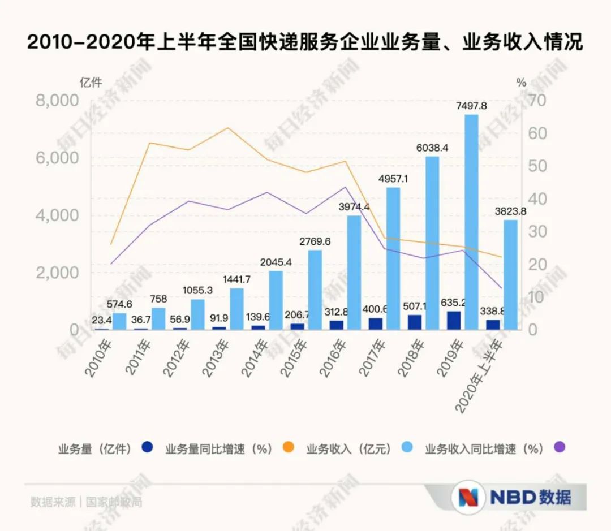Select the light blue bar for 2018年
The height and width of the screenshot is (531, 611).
tap(432, 243)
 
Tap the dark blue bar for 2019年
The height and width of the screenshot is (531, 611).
tap(454, 320)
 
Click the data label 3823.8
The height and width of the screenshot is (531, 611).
tap(509, 211)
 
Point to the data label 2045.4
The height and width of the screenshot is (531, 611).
tap(276, 262)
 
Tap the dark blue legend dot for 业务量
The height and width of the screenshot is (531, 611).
tap(147, 448)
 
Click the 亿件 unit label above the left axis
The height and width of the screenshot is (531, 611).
tap(92, 83)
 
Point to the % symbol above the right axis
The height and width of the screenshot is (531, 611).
tap(521, 83)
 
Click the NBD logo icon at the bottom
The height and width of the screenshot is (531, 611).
tap(468, 497)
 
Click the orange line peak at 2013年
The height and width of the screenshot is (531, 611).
tap(227, 128)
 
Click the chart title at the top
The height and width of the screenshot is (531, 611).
tap(305, 42)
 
